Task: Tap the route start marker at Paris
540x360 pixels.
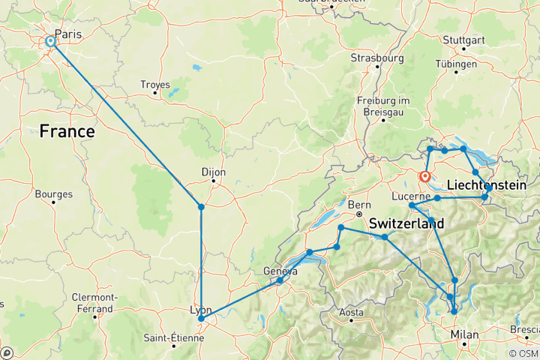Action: pos(50,41)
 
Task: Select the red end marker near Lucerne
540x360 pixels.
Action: pos(425,177)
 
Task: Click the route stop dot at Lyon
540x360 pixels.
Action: pos(201,319)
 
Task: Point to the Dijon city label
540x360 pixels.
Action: pos(214,171)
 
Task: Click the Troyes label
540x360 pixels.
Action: pos(155,85)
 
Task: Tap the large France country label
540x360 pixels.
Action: pos(67,132)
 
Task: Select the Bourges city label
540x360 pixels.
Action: pos(53,194)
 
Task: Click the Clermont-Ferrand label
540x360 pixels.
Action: pos(94,302)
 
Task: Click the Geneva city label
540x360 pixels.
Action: pos(280,271)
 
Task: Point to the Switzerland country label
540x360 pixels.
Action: pos(406,223)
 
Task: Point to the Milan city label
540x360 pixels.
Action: pos(463,334)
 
